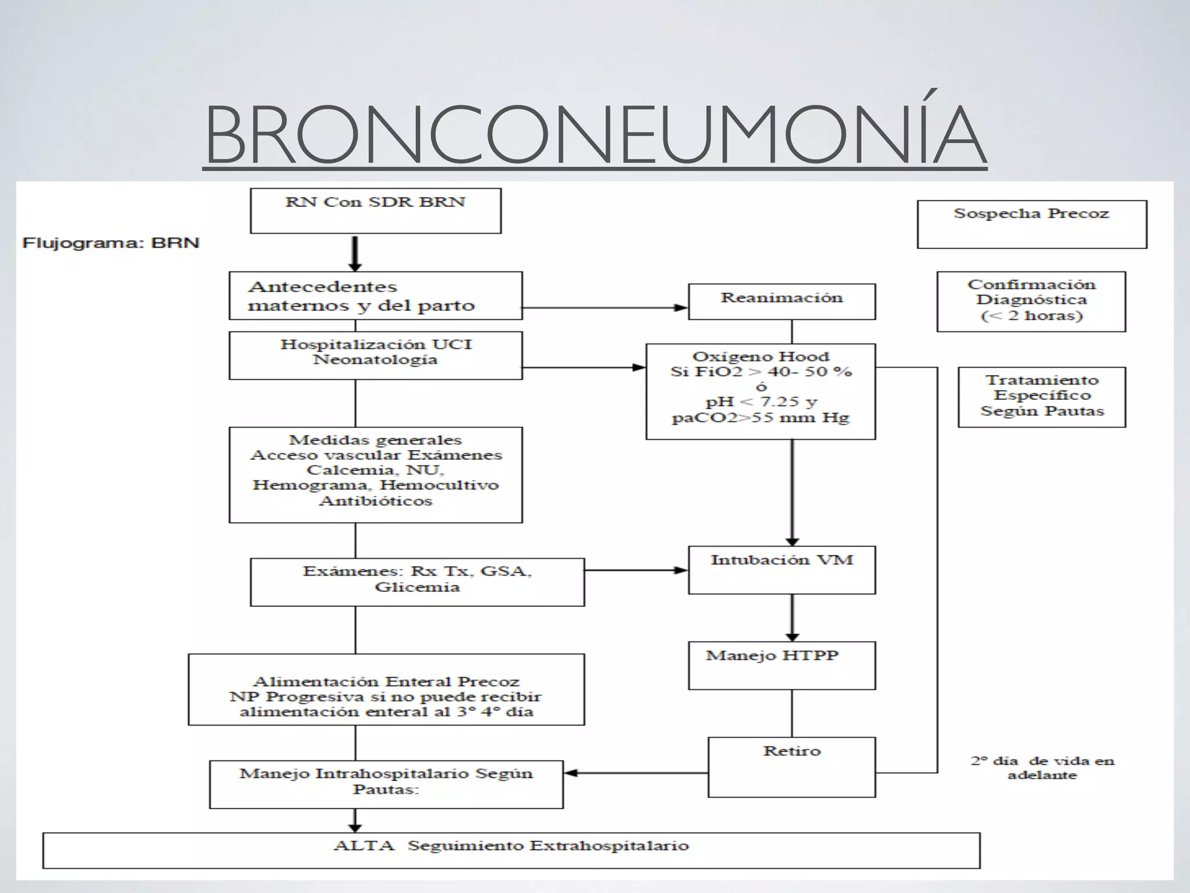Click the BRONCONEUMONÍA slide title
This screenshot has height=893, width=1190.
click(x=595, y=135)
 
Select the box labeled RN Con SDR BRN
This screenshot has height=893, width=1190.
click(x=375, y=210)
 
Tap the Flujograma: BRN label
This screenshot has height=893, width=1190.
click(x=110, y=242)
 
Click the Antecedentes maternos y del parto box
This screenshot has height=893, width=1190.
click(x=375, y=295)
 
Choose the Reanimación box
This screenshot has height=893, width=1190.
click(x=782, y=301)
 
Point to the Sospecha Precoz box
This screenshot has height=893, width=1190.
click(x=1031, y=224)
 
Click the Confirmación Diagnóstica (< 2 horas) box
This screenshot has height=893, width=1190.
click(x=1031, y=301)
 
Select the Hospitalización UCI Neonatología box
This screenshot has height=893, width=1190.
click(x=375, y=355)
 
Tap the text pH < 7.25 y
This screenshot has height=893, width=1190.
click(x=761, y=402)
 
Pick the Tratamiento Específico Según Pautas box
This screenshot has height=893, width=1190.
click(x=1041, y=397)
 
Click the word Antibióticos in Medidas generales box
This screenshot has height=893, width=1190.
click(x=375, y=501)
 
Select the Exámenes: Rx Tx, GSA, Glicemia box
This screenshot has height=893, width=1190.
click(x=417, y=581)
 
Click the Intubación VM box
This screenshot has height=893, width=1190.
click(x=782, y=569)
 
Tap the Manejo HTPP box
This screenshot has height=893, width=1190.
click(x=782, y=665)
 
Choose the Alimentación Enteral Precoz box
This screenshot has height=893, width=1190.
click(x=386, y=689)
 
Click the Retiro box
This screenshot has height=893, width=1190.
click(x=791, y=766)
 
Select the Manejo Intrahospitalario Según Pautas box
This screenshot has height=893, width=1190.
click(x=386, y=784)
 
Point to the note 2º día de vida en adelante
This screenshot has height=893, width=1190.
click(x=1042, y=767)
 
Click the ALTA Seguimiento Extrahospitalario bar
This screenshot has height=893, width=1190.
click(x=511, y=850)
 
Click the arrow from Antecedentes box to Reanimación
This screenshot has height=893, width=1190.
click(x=604, y=308)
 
